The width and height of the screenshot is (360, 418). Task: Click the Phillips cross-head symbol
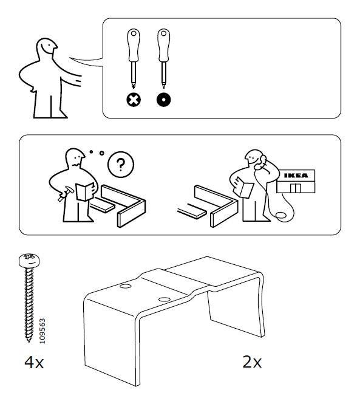point(134,100)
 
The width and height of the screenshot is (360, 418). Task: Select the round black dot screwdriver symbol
point(164,100)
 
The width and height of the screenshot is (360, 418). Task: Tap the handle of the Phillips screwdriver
point(134,46)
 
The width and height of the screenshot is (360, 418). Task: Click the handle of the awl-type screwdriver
point(164,46)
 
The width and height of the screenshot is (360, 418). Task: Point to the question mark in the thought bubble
point(121,165)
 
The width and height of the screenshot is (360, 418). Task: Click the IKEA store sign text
point(296,176)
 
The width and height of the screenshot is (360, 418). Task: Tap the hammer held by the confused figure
point(66,194)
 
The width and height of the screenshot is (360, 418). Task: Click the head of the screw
point(29,261)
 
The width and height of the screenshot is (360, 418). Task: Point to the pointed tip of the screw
point(29,341)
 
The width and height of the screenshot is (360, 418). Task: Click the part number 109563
point(42,331)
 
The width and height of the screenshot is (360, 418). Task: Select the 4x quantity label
point(34,363)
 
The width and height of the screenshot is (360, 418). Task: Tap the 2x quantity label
point(252,362)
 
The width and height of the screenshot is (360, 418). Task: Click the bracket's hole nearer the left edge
point(125,286)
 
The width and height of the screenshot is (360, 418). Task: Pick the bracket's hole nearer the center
point(165,300)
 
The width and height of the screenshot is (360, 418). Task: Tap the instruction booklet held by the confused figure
point(85,191)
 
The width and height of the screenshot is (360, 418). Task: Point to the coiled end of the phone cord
point(281,216)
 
